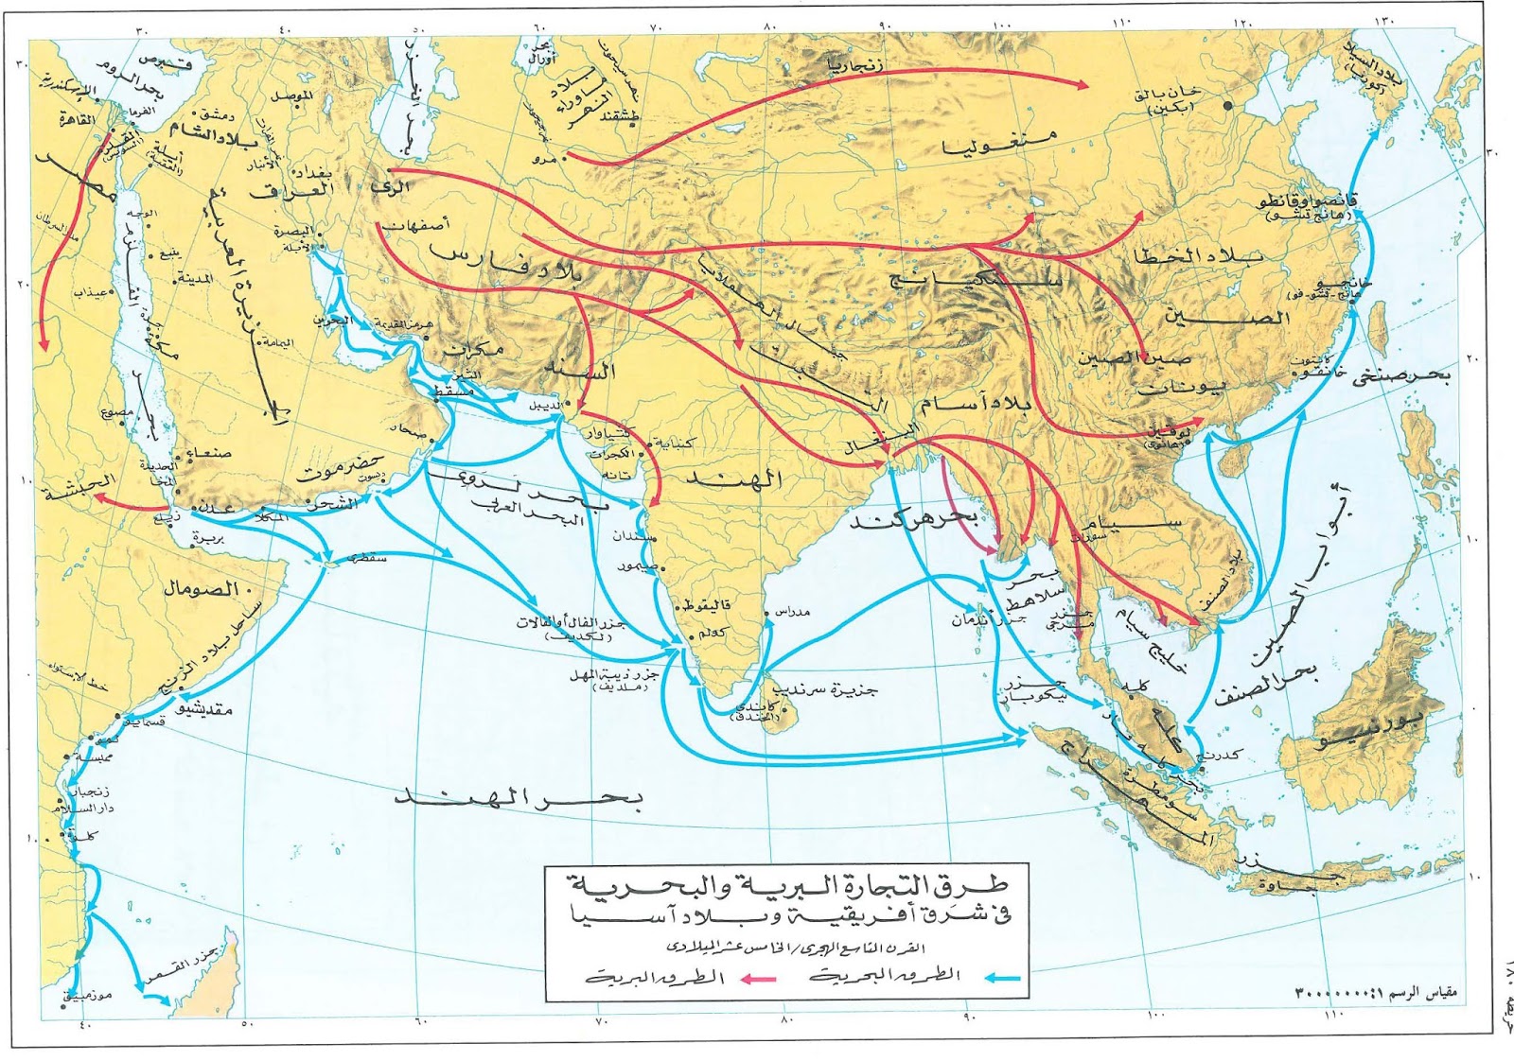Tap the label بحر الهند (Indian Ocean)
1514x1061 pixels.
tap(519, 799)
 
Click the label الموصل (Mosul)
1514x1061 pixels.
tap(292, 96)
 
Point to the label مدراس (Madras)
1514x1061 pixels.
tap(792, 612)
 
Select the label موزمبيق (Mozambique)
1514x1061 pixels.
tap(87, 995)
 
